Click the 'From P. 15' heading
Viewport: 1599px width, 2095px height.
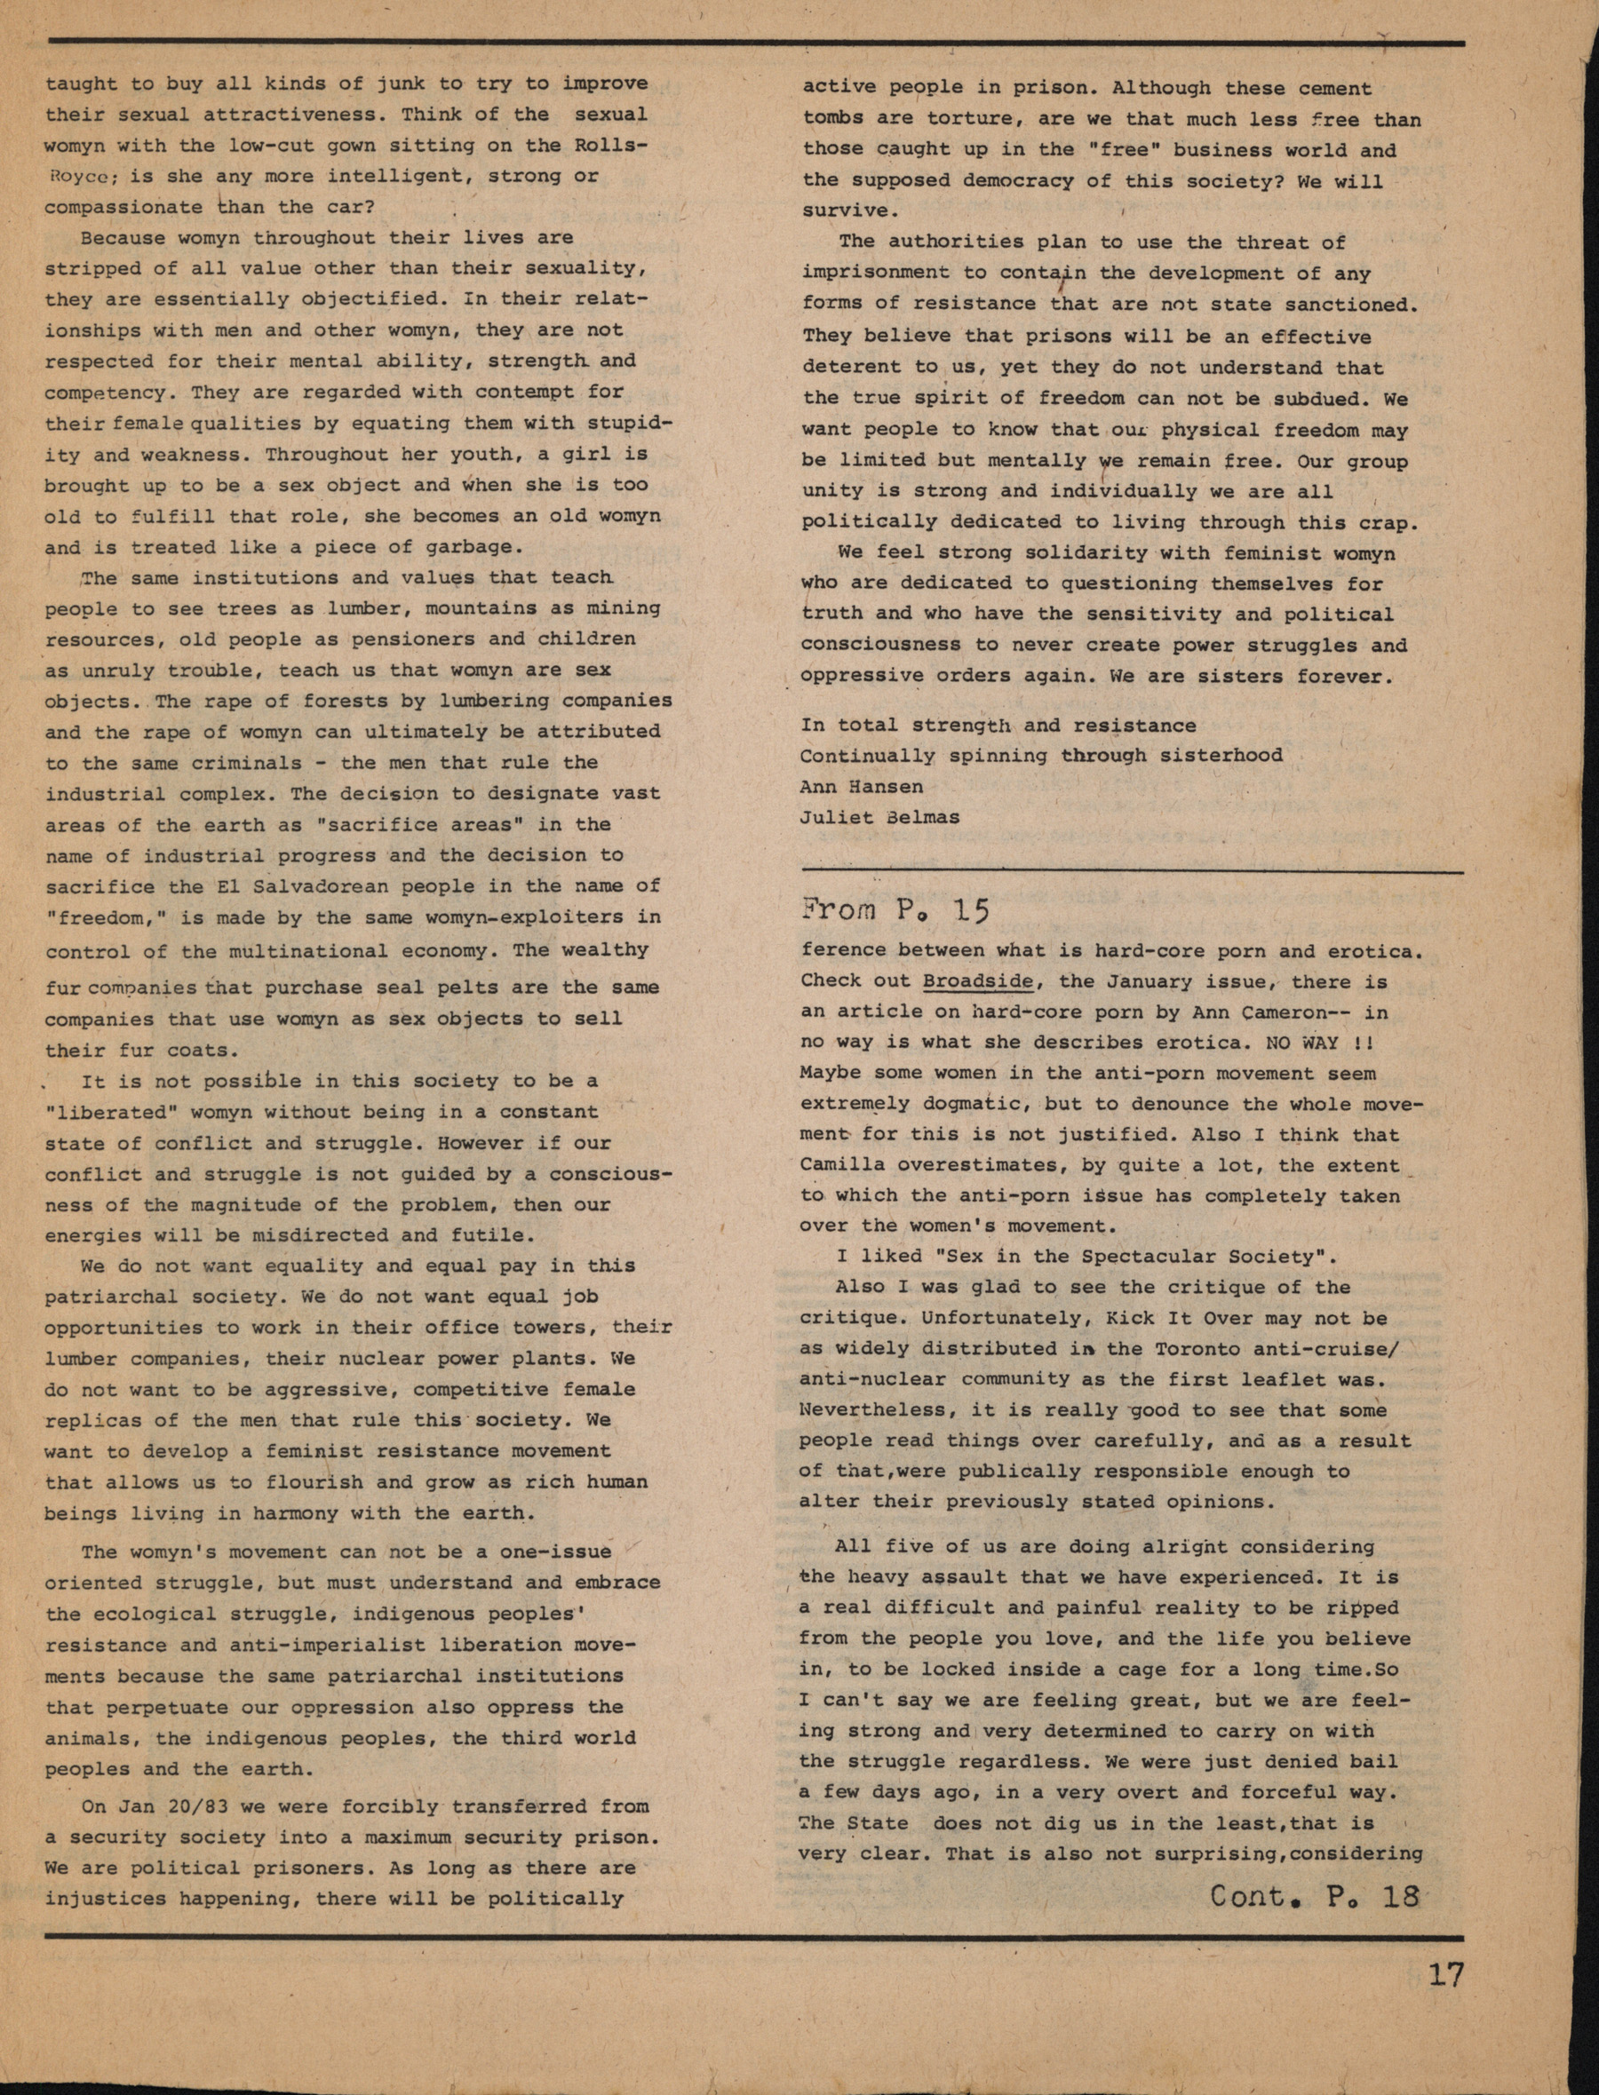pyautogui.click(x=895, y=910)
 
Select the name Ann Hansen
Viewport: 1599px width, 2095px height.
pyautogui.click(x=862, y=787)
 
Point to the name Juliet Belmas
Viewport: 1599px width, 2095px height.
pyautogui.click(x=879, y=817)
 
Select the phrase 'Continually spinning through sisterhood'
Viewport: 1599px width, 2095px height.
pyautogui.click(x=1040, y=756)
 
